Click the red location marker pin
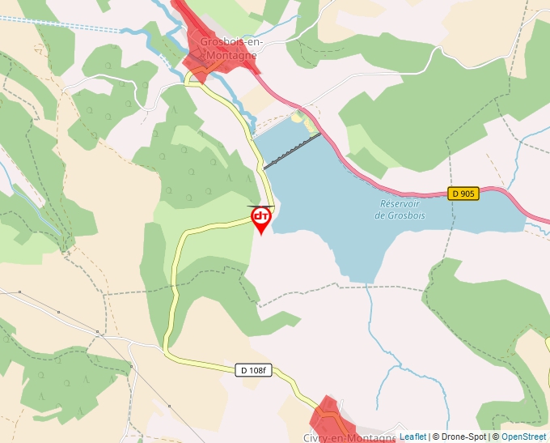(x=261, y=219)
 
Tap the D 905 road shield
(x=463, y=194)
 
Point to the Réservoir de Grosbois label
(x=402, y=210)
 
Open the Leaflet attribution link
(x=412, y=437)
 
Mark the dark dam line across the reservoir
(x=292, y=151)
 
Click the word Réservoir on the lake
(x=402, y=204)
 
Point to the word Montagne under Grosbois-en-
(x=231, y=55)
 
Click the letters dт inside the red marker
(x=261, y=216)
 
